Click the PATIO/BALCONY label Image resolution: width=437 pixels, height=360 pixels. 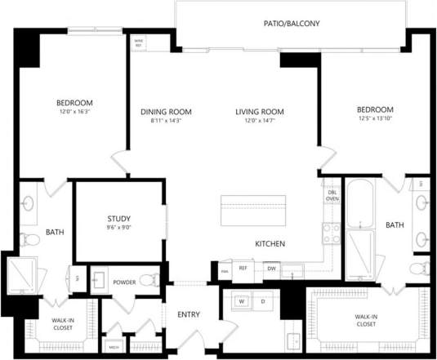pyautogui.click(x=290, y=24)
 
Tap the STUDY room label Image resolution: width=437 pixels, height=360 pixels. pyautogui.click(x=119, y=219)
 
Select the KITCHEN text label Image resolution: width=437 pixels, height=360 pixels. pyautogui.click(x=270, y=244)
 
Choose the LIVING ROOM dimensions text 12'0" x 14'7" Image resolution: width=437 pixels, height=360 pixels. pyautogui.click(x=259, y=122)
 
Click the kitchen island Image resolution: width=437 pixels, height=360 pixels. pyautogui.click(x=252, y=212)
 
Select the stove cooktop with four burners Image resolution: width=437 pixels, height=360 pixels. pyautogui.click(x=332, y=234)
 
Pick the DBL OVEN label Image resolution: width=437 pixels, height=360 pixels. pyautogui.click(x=332, y=195)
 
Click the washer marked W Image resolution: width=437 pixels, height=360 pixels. pyautogui.click(x=242, y=301)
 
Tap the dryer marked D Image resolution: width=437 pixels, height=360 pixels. pyautogui.click(x=262, y=301)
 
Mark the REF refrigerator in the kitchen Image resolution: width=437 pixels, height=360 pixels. pyautogui.click(x=243, y=268)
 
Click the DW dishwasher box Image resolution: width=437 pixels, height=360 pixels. pyautogui.click(x=270, y=268)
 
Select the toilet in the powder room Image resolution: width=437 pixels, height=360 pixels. pyautogui.click(x=148, y=282)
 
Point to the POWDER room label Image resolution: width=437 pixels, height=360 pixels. pyautogui.click(x=124, y=282)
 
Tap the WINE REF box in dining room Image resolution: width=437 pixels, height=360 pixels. pyautogui.click(x=139, y=42)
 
